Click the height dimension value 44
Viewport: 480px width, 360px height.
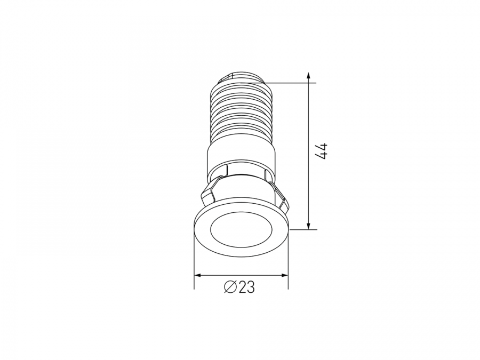(322, 150)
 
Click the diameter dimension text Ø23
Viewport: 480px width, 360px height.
(239, 287)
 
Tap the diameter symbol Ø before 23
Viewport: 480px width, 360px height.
(230, 287)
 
